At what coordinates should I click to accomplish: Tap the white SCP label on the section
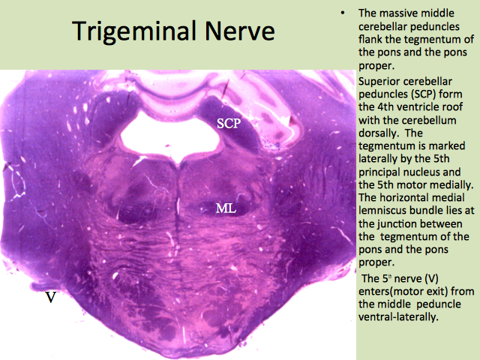pyautogui.click(x=229, y=123)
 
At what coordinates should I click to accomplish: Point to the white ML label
pyautogui.click(x=226, y=208)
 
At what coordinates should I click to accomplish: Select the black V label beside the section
pyautogui.click(x=51, y=297)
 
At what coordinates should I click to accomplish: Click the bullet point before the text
pyautogui.click(x=343, y=13)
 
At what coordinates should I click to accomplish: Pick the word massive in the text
pyautogui.click(x=399, y=13)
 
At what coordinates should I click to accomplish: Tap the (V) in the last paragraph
pyautogui.click(x=431, y=279)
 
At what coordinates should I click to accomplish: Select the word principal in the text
pyautogui.click(x=379, y=172)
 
